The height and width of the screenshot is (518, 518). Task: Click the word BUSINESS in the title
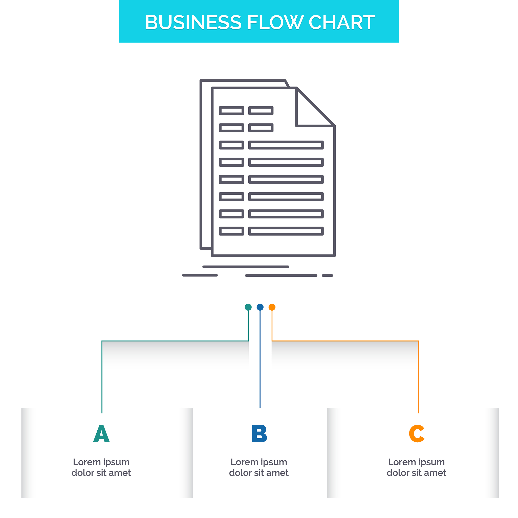(x=193, y=22)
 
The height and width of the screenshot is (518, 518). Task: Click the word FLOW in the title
(x=275, y=22)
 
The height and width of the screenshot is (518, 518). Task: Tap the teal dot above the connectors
(x=248, y=307)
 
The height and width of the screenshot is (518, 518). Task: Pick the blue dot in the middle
(x=260, y=307)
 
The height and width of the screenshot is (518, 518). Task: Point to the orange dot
(x=272, y=307)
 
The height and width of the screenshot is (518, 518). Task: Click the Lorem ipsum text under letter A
(x=101, y=467)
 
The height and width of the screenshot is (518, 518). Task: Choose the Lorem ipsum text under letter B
(x=259, y=467)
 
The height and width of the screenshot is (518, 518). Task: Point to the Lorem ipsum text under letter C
(x=416, y=467)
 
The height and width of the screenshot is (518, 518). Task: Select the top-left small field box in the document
(x=232, y=111)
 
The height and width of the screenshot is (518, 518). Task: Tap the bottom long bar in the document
(x=286, y=231)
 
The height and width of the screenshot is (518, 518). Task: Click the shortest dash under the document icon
(x=327, y=276)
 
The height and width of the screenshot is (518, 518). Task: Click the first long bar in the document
(x=286, y=145)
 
